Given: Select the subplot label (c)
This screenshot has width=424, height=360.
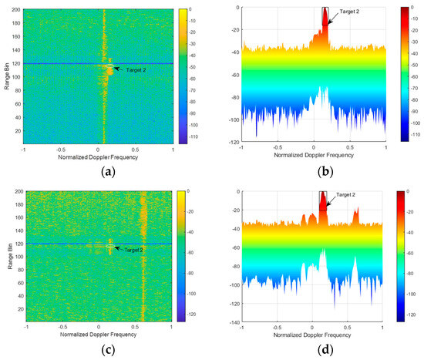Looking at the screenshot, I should click(x=97, y=351).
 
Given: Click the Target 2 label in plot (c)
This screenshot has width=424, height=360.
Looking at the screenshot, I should click(x=133, y=250).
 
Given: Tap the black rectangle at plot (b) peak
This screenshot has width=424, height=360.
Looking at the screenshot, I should click(x=325, y=12).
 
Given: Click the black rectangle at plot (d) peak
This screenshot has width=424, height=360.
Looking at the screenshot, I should click(x=324, y=200).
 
